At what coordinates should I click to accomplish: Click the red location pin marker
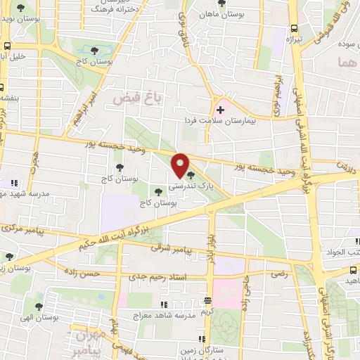click(181, 165)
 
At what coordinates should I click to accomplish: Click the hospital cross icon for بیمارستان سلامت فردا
click(220, 110)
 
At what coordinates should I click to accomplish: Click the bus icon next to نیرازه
click(294, 28)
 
